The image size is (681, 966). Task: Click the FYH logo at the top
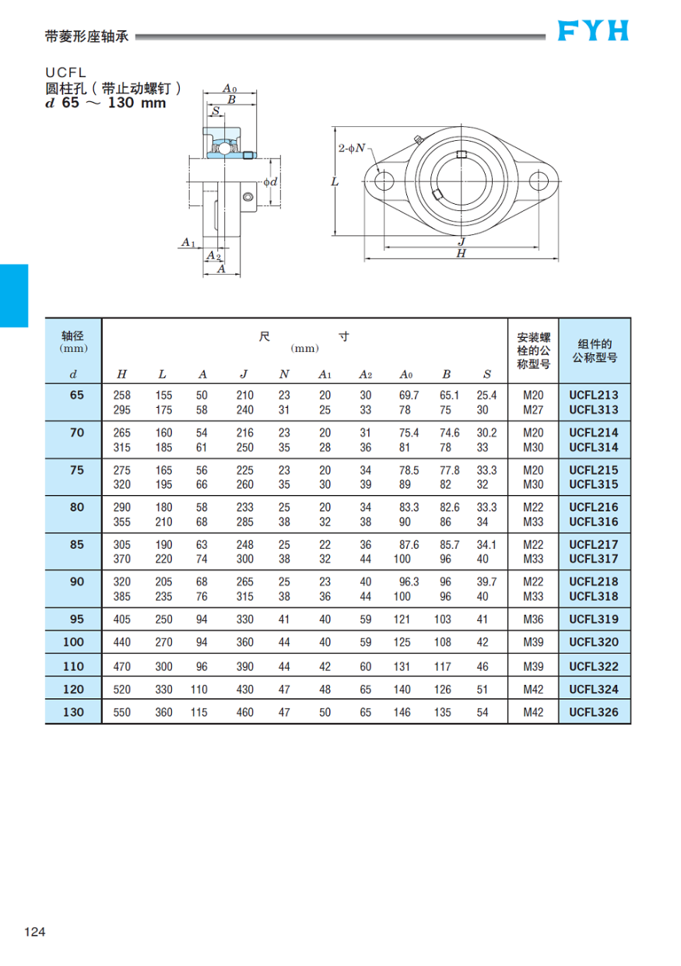click(x=593, y=30)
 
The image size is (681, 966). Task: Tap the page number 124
click(x=36, y=932)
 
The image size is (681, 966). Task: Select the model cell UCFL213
click(x=594, y=395)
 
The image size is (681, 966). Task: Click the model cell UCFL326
click(x=594, y=712)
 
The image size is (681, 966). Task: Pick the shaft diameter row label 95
click(x=76, y=620)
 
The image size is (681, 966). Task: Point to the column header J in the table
click(x=244, y=374)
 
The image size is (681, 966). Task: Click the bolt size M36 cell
click(x=533, y=620)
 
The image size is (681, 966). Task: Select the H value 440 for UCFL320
click(x=122, y=643)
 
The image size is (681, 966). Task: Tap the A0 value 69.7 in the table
click(x=409, y=395)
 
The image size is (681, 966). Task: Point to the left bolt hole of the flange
click(x=384, y=181)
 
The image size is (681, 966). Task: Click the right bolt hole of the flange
click(x=539, y=181)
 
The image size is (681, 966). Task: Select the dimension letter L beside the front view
click(x=334, y=181)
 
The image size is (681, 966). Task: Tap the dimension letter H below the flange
click(x=461, y=254)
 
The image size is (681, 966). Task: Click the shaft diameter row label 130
click(x=76, y=712)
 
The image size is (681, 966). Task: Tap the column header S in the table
click(x=487, y=374)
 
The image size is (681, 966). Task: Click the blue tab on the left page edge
click(x=14, y=296)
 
